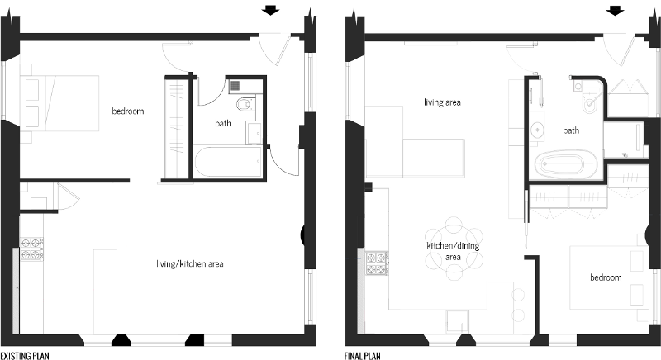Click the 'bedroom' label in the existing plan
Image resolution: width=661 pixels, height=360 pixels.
point(128,111)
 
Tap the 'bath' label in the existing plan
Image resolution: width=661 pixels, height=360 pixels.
point(223,123)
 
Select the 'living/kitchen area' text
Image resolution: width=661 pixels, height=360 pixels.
point(190,264)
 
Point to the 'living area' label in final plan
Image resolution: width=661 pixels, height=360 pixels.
point(442,102)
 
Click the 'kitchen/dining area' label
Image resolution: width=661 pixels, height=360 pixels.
point(453,251)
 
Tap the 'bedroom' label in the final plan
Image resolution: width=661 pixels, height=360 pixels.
point(606,277)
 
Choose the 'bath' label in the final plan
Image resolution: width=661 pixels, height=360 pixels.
point(571,130)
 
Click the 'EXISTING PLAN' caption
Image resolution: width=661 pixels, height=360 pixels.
point(25,356)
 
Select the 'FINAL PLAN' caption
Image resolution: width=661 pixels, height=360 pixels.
point(362,356)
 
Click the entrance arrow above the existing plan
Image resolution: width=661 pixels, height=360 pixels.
point(270,10)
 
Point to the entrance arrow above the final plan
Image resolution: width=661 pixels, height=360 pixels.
point(615,10)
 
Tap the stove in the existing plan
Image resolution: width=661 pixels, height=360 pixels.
point(32,249)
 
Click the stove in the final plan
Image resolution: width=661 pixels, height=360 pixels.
point(378,263)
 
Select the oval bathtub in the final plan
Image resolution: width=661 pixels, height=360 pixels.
point(566,164)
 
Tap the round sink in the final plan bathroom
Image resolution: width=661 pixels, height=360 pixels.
point(537,130)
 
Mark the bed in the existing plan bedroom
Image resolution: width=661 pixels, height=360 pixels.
point(59,103)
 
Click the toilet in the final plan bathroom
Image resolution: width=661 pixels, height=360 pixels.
point(590,104)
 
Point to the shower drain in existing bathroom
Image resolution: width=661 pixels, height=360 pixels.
point(235,87)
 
